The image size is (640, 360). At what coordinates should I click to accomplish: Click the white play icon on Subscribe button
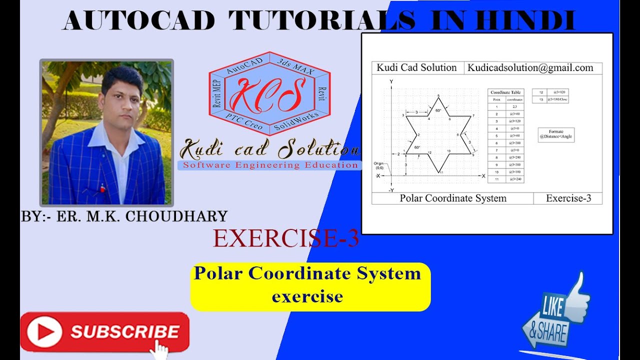[45, 331]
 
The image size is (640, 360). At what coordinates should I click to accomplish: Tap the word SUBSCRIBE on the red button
[125, 332]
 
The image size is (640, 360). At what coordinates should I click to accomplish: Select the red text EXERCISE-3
[286, 238]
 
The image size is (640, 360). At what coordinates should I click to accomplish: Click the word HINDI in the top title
[525, 21]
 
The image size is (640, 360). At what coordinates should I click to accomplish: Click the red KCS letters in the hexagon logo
[269, 95]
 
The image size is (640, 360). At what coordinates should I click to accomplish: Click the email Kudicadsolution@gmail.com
[530, 68]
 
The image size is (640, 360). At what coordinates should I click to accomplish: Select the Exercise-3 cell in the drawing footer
[568, 198]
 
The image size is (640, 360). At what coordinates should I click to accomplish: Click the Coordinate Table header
[505, 92]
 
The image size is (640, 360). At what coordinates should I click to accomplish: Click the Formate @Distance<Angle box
[556, 134]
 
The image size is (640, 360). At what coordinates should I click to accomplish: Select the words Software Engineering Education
[270, 165]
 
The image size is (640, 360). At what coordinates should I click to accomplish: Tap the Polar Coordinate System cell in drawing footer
[453, 198]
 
